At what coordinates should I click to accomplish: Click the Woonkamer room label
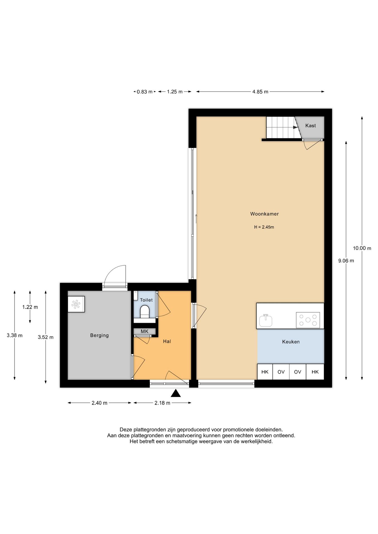tap(264, 214)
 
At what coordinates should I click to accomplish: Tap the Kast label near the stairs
tap(311, 125)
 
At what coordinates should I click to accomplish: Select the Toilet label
tap(146, 300)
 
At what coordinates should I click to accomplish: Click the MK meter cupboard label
tap(144, 332)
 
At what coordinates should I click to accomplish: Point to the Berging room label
tap(99, 335)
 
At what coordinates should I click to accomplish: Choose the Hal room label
tap(167, 341)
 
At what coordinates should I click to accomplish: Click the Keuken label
tap(291, 342)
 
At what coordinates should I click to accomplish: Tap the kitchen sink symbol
tap(266, 320)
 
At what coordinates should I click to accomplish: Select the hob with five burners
tap(308, 320)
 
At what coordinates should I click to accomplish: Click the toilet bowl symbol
tap(145, 311)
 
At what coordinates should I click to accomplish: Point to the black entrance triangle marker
tap(176, 393)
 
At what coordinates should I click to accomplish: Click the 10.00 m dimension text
tap(362, 248)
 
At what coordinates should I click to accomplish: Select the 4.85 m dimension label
tap(260, 92)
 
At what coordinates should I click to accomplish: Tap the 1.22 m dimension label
tap(30, 307)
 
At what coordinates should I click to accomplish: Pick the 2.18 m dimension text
tap(162, 403)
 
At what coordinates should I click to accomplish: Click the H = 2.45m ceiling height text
tap(264, 227)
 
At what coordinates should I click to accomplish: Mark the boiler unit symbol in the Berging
tap(76, 304)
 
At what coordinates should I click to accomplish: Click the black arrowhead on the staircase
tap(295, 127)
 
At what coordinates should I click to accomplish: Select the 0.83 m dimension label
tap(144, 92)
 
